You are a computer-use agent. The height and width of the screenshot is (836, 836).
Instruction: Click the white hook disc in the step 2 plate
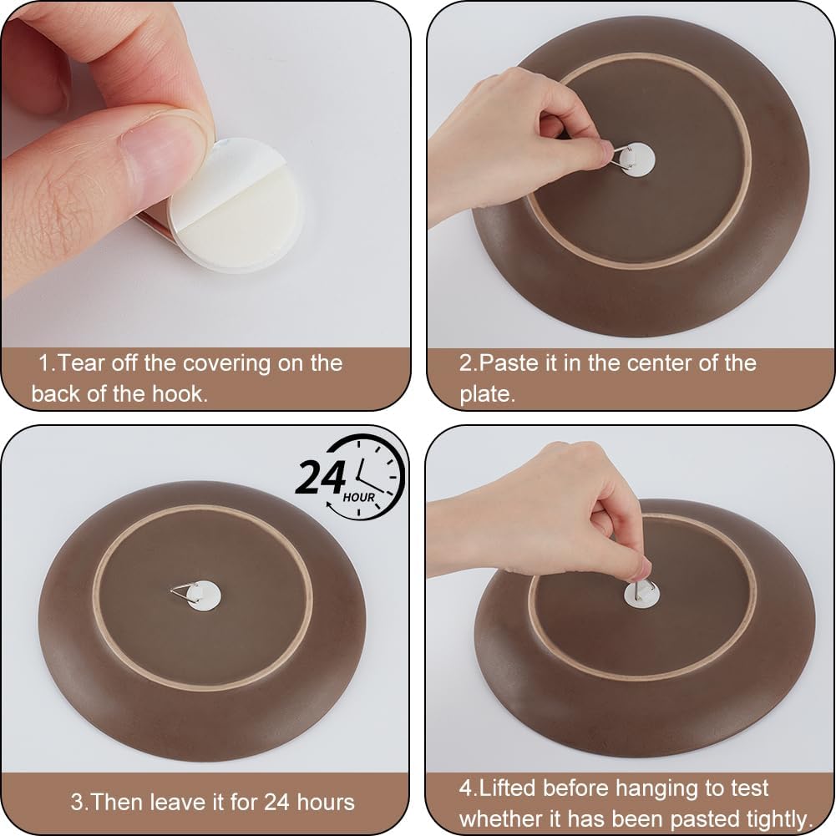click(x=639, y=160)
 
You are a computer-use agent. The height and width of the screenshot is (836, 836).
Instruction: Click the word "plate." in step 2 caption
click(x=488, y=394)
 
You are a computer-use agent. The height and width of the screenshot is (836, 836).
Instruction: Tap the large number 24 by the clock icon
click(x=321, y=478)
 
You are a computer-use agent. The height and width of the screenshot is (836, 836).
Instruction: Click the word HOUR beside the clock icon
click(x=359, y=498)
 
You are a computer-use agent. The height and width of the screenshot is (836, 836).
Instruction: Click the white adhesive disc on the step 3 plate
click(x=205, y=595)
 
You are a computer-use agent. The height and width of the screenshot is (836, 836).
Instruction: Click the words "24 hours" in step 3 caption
click(x=309, y=803)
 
